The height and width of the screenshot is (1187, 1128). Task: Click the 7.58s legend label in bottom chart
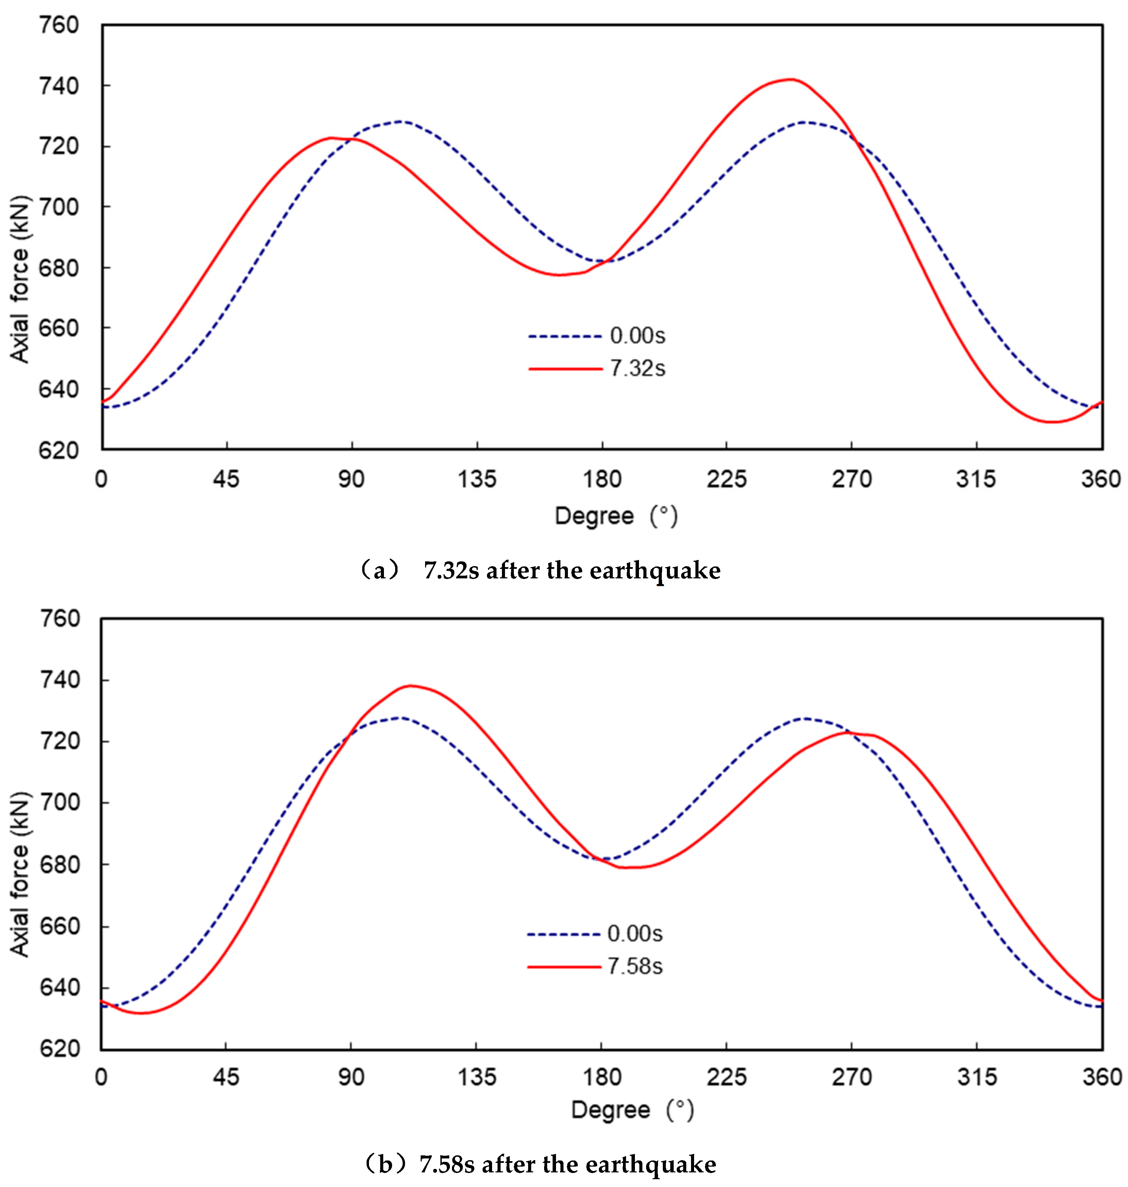tap(635, 966)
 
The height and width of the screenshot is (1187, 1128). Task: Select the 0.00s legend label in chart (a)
tap(637, 336)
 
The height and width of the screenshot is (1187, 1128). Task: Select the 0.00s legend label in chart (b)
tap(635, 933)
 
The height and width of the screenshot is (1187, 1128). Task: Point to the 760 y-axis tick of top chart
tap(58, 25)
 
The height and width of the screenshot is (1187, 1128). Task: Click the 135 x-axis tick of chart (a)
tap(477, 479)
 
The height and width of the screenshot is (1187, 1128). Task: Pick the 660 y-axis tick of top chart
tap(58, 328)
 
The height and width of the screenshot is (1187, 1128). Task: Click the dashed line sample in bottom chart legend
tap(563, 934)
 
